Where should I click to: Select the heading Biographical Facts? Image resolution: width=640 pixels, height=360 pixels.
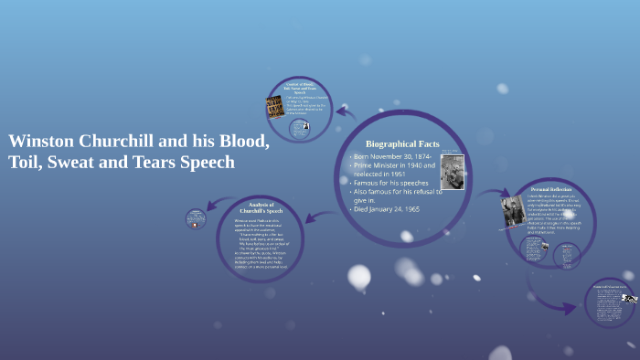[x=402, y=144]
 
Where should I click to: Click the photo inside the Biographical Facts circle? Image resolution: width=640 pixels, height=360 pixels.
[x=453, y=172]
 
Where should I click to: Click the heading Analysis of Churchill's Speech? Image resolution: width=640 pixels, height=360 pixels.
[x=261, y=208]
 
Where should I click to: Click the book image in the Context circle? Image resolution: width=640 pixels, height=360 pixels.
[x=273, y=107]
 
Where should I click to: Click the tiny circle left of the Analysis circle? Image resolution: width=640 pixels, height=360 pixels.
[x=196, y=219]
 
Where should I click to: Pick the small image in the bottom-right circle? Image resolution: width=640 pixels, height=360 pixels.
[x=629, y=298]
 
